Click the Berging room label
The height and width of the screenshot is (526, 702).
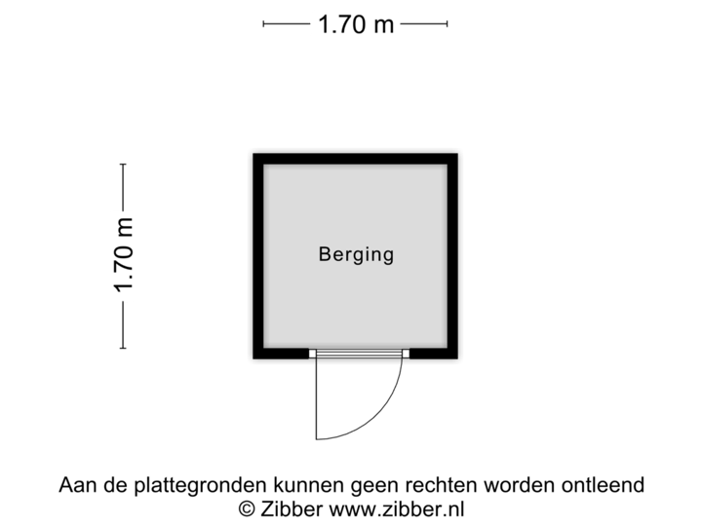click(x=356, y=255)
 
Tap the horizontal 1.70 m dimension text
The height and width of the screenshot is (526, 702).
click(x=356, y=24)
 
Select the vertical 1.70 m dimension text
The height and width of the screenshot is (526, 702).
click(x=123, y=256)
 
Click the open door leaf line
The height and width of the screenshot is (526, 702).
click(x=315, y=399)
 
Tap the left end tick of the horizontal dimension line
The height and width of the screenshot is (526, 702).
click(x=264, y=24)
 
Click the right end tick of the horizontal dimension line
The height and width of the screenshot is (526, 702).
click(x=448, y=24)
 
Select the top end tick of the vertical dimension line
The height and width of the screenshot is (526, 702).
click(x=123, y=165)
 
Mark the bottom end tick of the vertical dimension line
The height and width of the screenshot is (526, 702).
click(x=123, y=348)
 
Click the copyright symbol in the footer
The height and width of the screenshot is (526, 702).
click(x=247, y=507)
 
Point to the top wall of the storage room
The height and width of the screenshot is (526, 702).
click(x=355, y=156)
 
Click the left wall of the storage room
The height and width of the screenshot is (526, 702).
click(x=254, y=256)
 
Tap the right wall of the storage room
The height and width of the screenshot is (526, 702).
click(x=455, y=256)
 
